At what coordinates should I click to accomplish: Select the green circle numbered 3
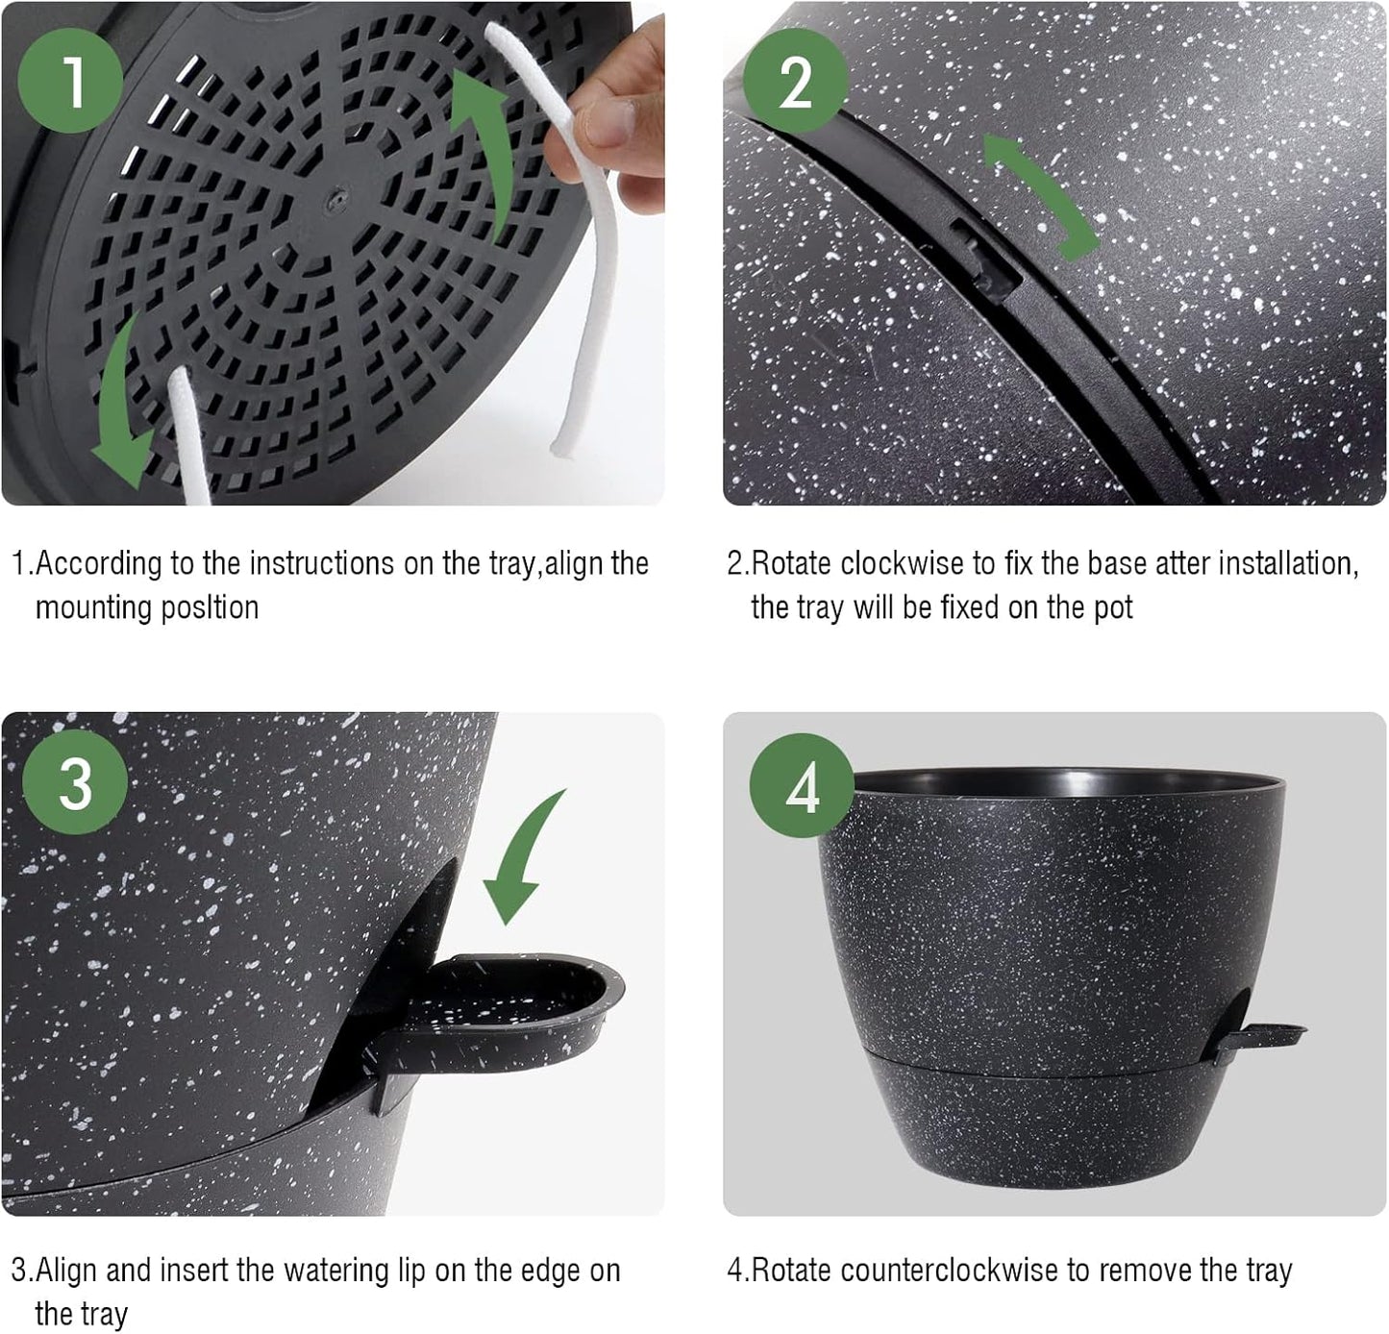(x=74, y=783)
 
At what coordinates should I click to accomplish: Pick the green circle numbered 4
(x=802, y=787)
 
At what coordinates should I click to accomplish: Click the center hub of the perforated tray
(x=334, y=197)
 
